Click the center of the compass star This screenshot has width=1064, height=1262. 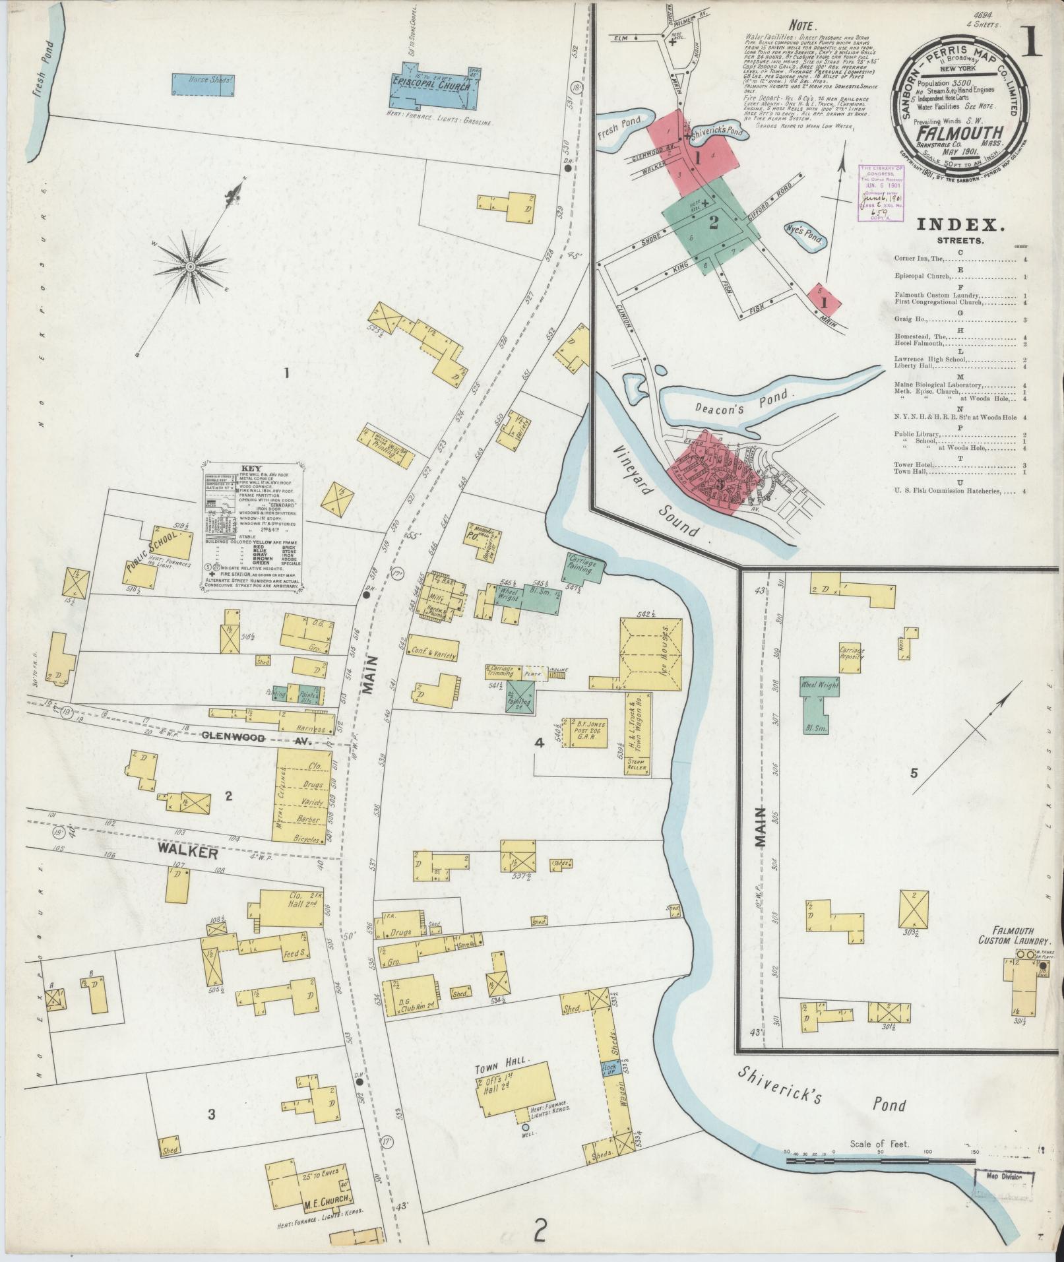(190, 266)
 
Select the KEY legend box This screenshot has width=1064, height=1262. (253, 525)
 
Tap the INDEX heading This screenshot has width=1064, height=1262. (960, 225)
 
